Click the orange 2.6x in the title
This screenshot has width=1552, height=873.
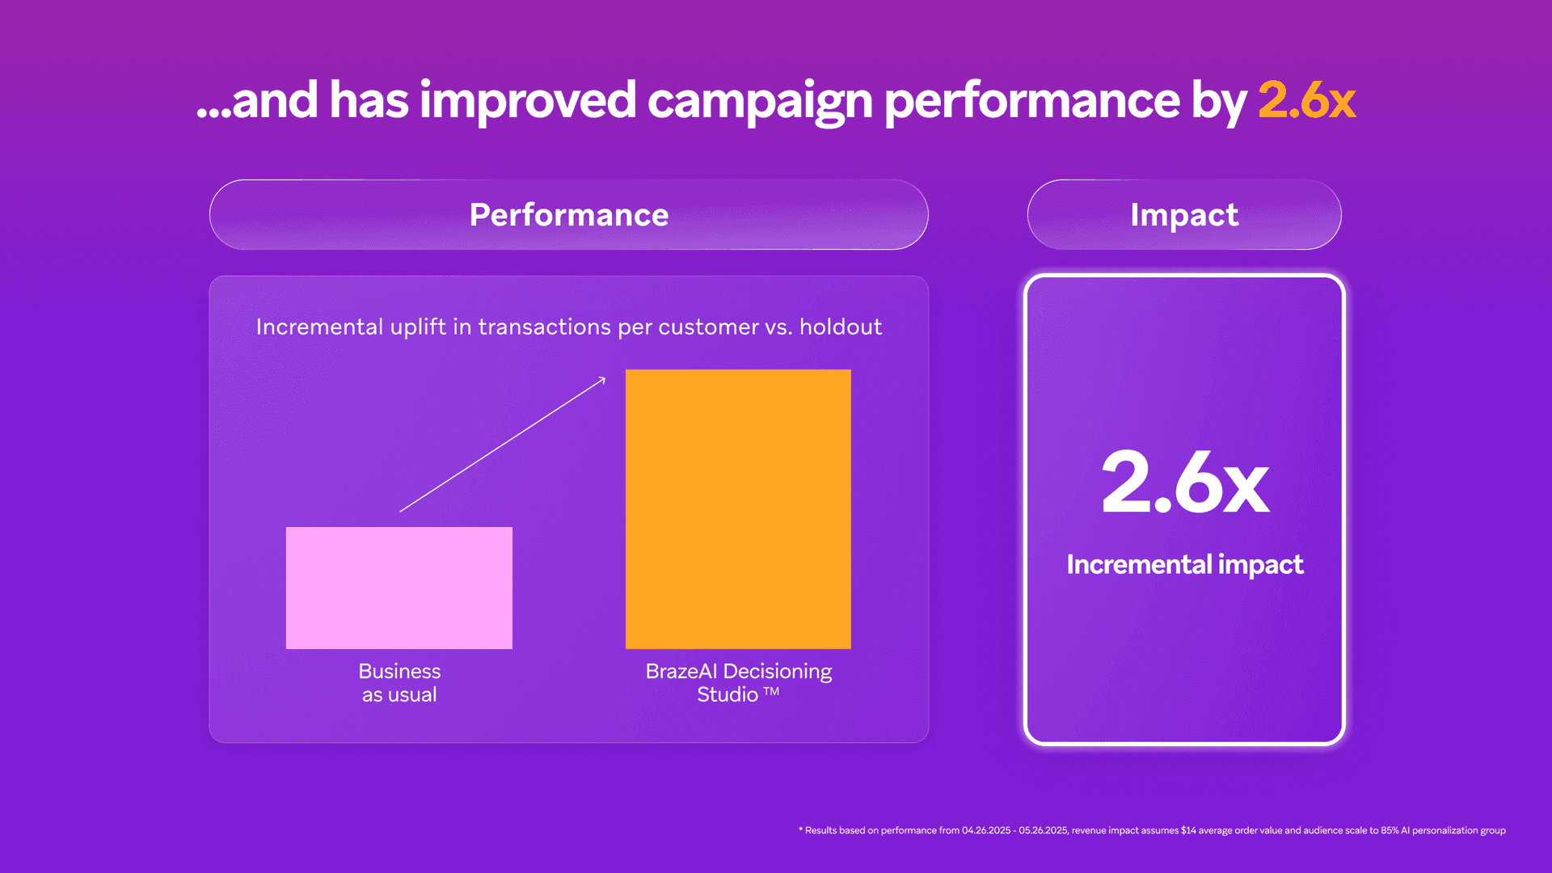[1306, 100]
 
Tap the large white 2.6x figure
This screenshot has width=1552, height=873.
[1185, 483]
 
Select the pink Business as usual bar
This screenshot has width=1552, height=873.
[399, 588]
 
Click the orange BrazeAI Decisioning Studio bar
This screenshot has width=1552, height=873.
[738, 508]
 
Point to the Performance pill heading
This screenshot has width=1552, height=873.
[569, 215]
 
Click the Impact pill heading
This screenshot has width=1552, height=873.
[1184, 215]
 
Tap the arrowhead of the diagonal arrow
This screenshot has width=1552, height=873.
[601, 380]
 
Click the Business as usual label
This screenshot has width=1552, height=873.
[399, 683]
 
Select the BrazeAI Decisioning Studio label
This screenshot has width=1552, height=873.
[738, 682]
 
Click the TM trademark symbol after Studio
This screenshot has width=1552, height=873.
[772, 692]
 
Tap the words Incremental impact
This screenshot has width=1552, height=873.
[1184, 564]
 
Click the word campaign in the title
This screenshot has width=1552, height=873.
[759, 102]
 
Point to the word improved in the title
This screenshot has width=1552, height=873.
[527, 102]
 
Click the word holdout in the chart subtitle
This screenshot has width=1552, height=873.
[841, 327]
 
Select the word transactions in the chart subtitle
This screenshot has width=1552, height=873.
[545, 327]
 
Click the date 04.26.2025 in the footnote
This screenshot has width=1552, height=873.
[985, 830]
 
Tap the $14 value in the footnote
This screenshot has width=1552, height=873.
[1188, 830]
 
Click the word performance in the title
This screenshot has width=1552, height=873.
[1032, 102]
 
